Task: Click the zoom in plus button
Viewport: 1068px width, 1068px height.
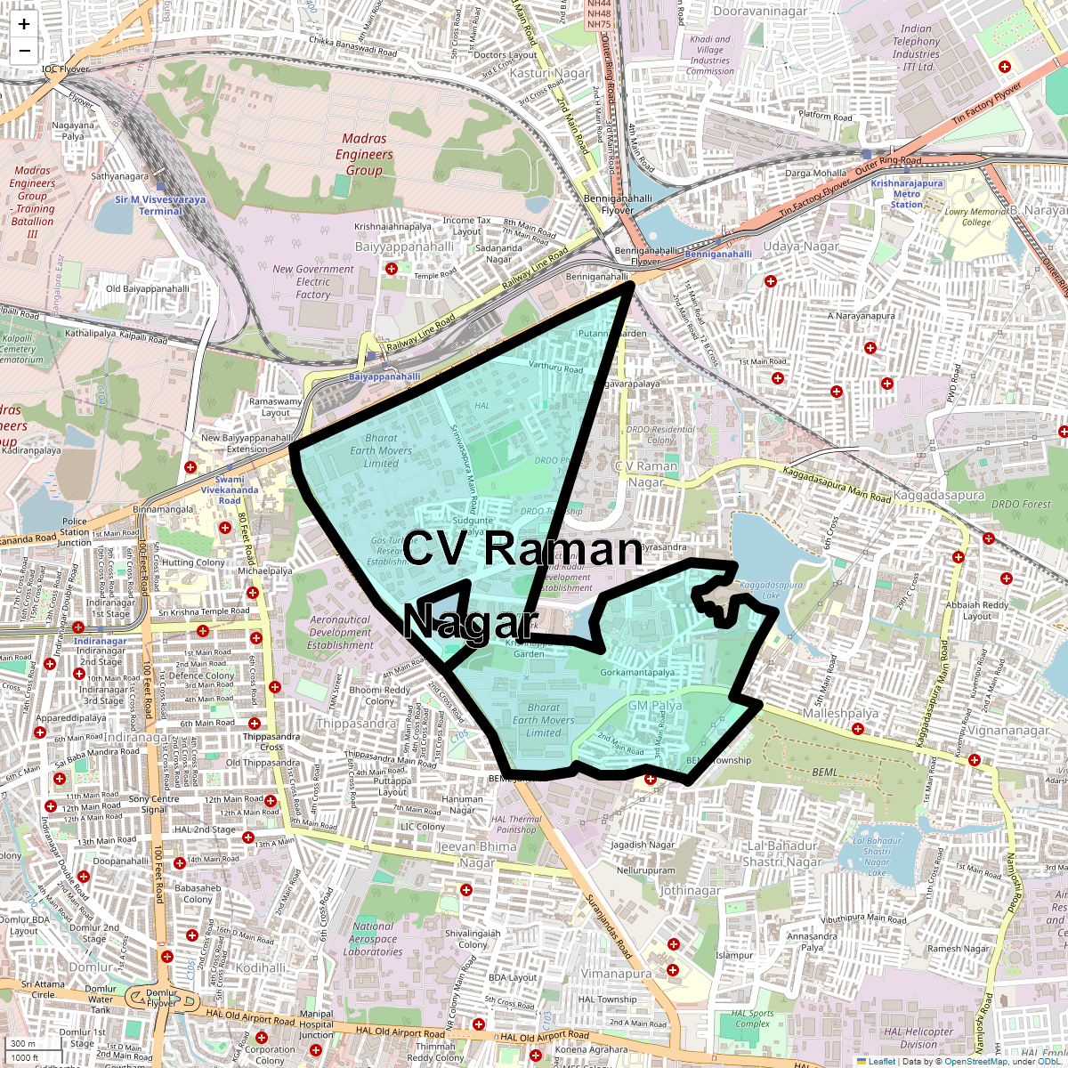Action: [24, 25]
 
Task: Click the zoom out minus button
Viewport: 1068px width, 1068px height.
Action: [24, 51]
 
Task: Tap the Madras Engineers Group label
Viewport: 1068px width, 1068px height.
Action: [364, 154]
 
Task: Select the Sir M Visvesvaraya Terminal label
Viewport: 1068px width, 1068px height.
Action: [160, 206]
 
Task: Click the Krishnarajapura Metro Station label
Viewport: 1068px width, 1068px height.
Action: [907, 194]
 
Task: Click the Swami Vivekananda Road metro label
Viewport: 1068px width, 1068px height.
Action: [230, 489]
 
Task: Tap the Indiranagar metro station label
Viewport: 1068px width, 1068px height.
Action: [100, 641]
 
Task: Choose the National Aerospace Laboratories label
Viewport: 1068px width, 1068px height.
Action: [373, 939]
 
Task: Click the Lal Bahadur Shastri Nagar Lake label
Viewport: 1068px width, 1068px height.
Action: [877, 856]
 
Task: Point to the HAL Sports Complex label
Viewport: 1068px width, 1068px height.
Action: [752, 1018]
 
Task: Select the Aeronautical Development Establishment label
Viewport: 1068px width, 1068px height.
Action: [341, 632]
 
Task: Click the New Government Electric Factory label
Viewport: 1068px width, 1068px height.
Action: [313, 281]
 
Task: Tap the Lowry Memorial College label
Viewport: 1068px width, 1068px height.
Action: [975, 217]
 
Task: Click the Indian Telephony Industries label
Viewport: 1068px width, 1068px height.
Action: [916, 47]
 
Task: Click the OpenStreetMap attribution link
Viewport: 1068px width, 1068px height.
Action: [976, 1061]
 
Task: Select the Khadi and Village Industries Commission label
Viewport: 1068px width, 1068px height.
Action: [710, 55]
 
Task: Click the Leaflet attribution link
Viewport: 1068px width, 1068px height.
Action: [881, 1061]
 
